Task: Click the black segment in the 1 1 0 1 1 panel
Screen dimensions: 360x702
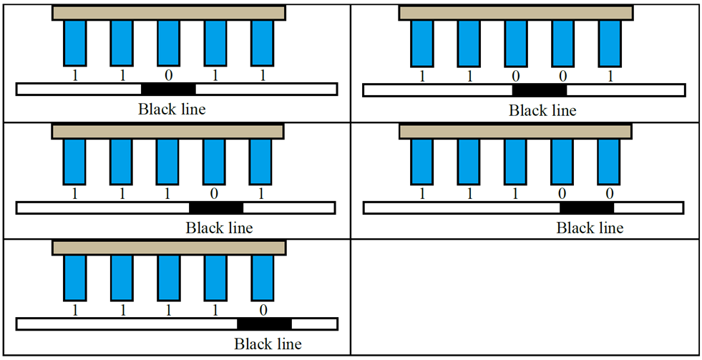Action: pyautogui.click(x=168, y=89)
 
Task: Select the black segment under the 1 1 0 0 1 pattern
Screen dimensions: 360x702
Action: pyautogui.click(x=539, y=89)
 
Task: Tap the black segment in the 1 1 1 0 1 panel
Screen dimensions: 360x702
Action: pyautogui.click(x=216, y=208)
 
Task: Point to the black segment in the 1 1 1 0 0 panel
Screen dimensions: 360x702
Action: pyautogui.click(x=586, y=208)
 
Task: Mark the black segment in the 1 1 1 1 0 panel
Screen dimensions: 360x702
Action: pyautogui.click(x=264, y=323)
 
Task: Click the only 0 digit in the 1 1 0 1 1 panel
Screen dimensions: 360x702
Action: pyautogui.click(x=168, y=74)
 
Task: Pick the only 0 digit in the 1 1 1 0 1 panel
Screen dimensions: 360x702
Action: pyautogui.click(x=215, y=193)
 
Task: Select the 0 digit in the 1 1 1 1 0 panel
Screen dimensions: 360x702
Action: pyautogui.click(x=263, y=309)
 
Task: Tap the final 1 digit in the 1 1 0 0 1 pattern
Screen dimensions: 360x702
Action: pyautogui.click(x=610, y=75)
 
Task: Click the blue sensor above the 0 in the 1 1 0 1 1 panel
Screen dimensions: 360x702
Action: pyautogui.click(x=168, y=43)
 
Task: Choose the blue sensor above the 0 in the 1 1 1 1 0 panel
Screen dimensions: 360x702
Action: pyautogui.click(x=263, y=278)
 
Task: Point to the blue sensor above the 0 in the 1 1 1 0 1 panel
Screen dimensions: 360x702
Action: pyautogui.click(x=215, y=162)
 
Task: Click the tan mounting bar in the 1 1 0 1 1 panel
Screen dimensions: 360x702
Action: pyautogui.click(x=169, y=13)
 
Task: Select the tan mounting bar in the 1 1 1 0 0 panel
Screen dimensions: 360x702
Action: pyautogui.click(x=515, y=132)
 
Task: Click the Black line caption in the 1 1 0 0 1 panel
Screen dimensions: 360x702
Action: pyautogui.click(x=542, y=110)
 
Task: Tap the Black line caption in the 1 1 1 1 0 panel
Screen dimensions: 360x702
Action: pyautogui.click(x=268, y=344)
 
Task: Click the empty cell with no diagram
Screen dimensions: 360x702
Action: pyautogui.click(x=524, y=296)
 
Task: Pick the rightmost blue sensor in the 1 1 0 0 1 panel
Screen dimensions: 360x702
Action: pyautogui.click(x=610, y=44)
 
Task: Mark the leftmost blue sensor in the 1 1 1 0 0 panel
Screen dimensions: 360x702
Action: pyautogui.click(x=421, y=162)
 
